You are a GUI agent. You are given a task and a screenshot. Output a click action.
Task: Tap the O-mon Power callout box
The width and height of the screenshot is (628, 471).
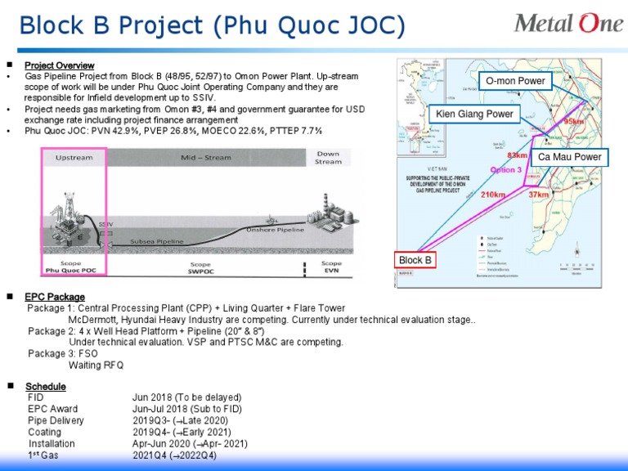[514, 81]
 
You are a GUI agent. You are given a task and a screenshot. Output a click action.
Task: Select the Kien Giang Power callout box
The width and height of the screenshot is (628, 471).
[474, 114]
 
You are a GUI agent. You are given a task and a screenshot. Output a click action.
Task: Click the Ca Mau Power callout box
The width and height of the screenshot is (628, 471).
[570, 157]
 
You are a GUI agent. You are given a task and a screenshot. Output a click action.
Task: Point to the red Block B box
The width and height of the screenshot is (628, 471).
[415, 261]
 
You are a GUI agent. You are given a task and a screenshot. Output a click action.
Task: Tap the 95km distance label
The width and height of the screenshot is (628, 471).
[575, 121]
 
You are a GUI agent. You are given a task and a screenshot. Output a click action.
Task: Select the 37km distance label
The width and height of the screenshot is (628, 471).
[538, 195]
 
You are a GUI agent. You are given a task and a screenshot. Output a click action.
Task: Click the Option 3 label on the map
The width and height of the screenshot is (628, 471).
[505, 170]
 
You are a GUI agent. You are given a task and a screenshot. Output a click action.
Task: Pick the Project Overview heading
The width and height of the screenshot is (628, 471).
[59, 65]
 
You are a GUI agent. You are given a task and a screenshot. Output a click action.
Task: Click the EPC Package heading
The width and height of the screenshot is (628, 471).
[55, 297]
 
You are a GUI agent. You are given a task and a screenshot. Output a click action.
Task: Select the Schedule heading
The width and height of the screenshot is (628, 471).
[46, 386]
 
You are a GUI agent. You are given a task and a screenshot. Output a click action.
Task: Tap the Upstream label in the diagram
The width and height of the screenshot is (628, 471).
[74, 157]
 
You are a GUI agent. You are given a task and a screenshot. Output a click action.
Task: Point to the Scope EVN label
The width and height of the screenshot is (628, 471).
[331, 267]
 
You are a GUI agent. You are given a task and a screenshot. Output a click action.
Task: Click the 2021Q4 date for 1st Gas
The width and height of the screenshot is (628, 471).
[150, 455]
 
